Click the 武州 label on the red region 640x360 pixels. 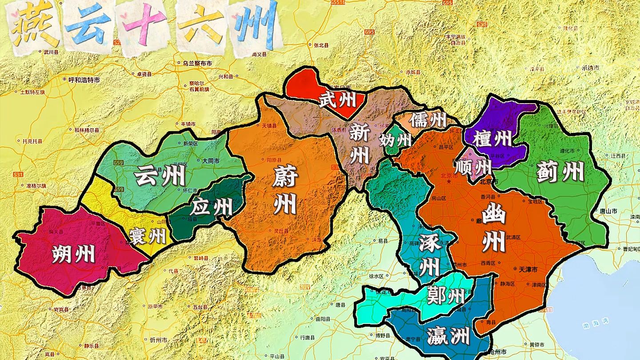(x=338, y=100)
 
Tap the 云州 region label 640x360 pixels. (x=160, y=175)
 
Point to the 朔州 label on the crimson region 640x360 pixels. (x=73, y=254)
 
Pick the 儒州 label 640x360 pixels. (x=428, y=120)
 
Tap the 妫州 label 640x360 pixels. (x=395, y=140)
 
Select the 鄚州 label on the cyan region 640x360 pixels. (x=445, y=295)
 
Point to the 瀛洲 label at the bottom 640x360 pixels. (x=448, y=336)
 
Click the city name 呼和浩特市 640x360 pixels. (x=84, y=80)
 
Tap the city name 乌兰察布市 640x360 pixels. (x=197, y=64)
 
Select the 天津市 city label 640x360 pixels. (x=528, y=270)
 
